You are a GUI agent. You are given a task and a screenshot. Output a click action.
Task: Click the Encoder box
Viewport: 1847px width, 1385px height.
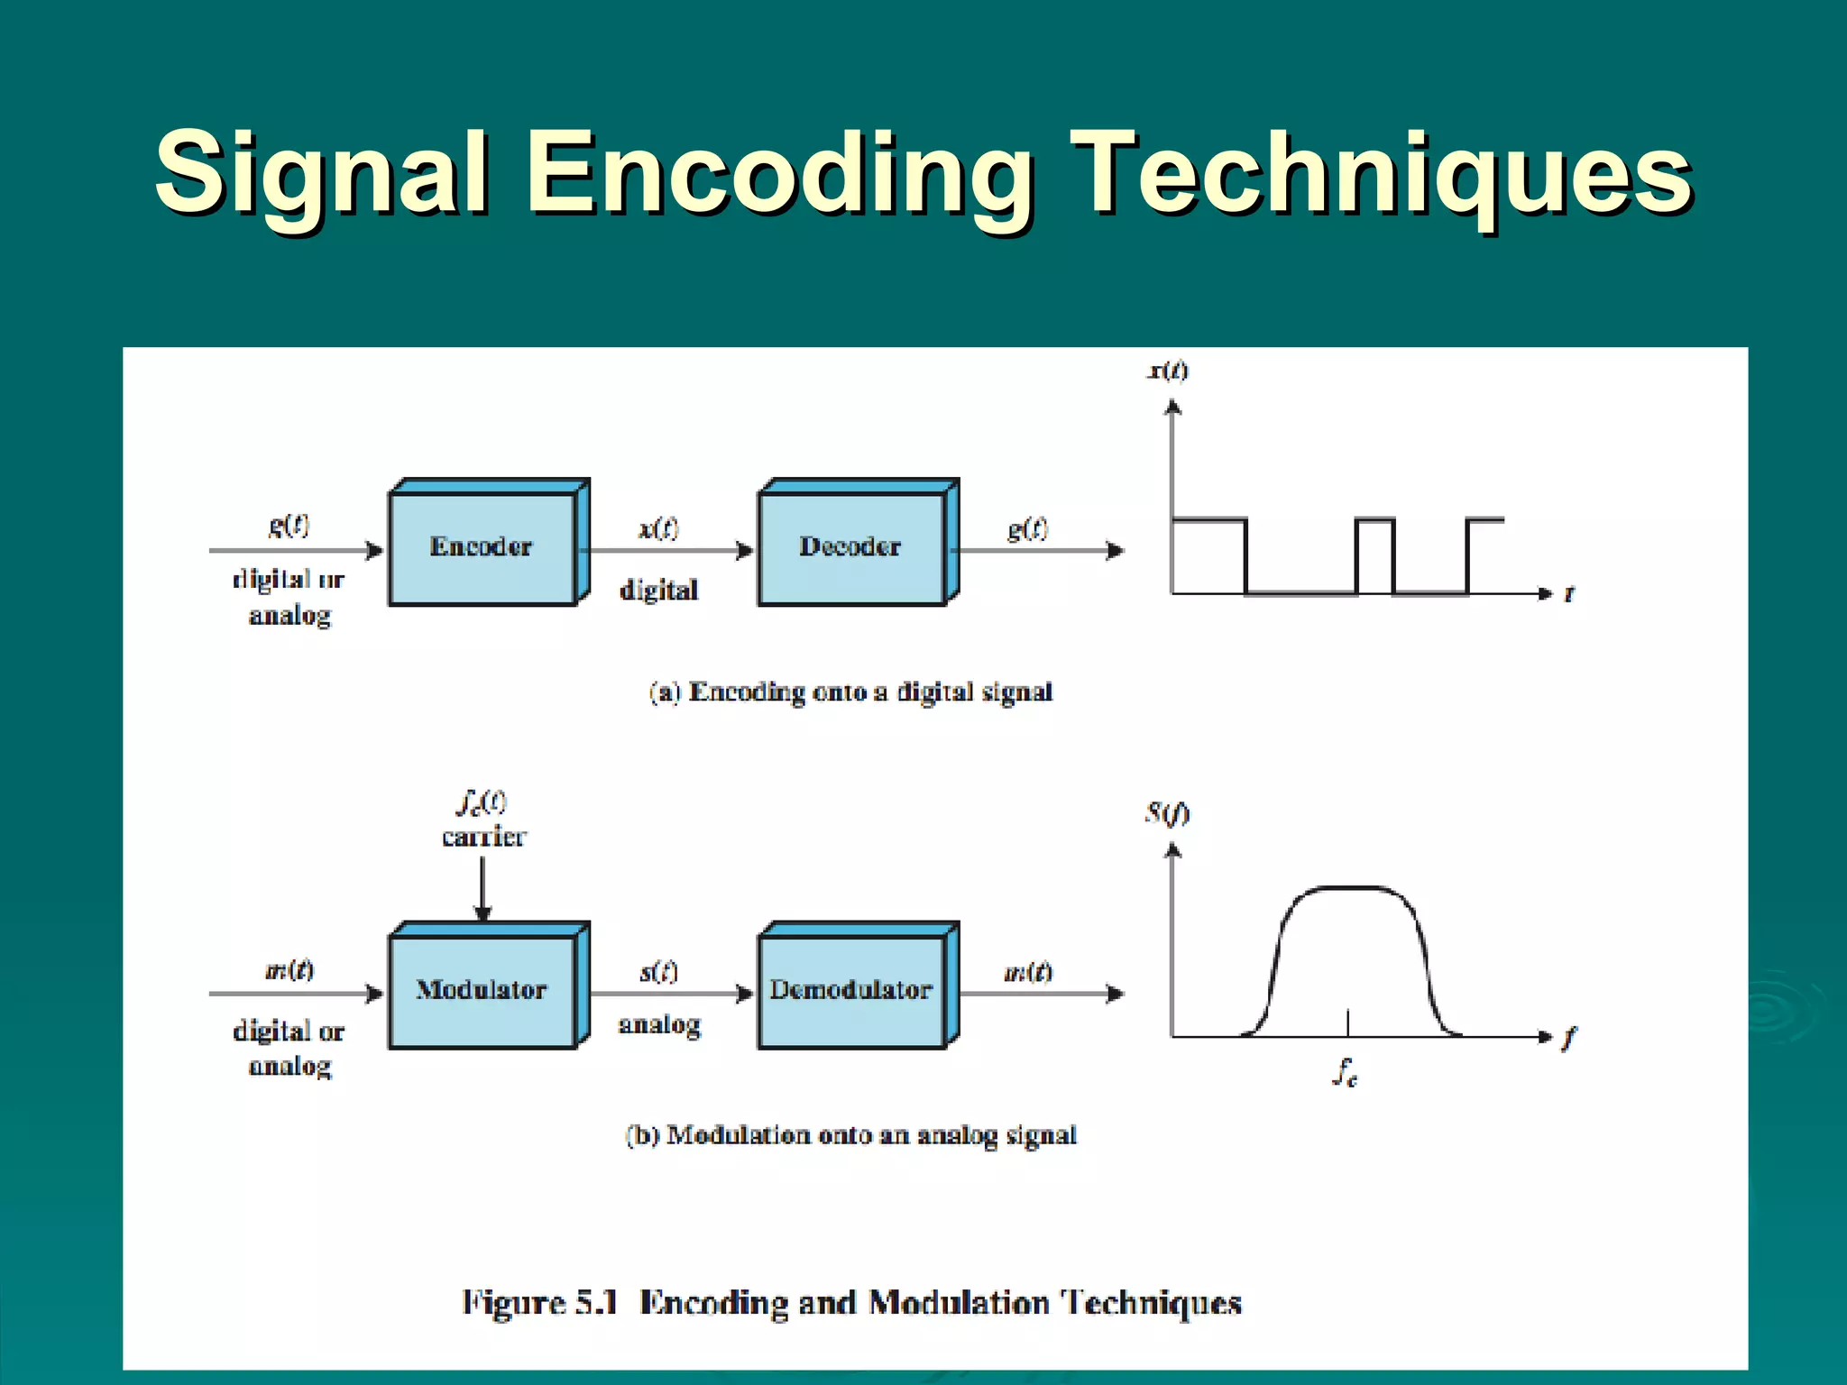click(x=482, y=547)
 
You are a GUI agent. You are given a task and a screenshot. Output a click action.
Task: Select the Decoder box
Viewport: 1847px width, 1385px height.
click(x=851, y=547)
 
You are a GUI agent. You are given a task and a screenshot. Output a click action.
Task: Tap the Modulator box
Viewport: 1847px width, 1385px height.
click(x=482, y=990)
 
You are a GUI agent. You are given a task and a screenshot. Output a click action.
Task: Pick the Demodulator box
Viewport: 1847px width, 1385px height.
click(x=851, y=990)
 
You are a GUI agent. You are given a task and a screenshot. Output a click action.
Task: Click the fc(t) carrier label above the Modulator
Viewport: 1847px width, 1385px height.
click(x=483, y=819)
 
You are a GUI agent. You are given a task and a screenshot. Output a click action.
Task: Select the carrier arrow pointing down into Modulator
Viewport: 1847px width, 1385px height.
click(x=482, y=888)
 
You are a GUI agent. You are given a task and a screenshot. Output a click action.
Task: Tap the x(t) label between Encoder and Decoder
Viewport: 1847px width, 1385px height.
click(x=658, y=528)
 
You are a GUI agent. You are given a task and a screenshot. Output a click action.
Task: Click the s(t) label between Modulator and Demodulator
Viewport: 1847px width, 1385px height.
click(x=658, y=971)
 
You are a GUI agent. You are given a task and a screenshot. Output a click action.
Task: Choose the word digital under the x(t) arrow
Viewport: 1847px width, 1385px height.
click(x=658, y=590)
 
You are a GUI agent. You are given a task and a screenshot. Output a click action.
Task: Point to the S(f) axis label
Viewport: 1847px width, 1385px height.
click(x=1167, y=813)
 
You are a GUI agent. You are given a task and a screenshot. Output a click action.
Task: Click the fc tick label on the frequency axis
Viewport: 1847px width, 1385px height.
click(x=1346, y=1072)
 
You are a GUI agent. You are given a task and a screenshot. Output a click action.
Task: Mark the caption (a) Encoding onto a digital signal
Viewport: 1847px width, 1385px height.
click(x=850, y=692)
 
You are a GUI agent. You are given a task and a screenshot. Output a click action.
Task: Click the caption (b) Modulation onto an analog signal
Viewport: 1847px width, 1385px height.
click(x=850, y=1135)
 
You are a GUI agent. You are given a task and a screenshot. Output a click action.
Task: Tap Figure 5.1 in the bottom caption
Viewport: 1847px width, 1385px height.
click(x=539, y=1303)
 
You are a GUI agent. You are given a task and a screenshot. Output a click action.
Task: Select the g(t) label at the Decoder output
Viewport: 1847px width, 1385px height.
click(x=1028, y=528)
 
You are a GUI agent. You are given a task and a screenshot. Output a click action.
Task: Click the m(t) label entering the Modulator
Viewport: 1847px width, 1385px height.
click(x=289, y=970)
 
